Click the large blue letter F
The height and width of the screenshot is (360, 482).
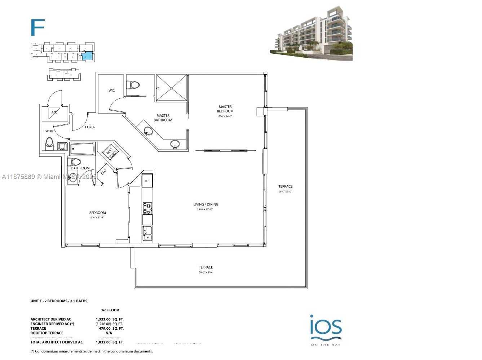click(x=37, y=27)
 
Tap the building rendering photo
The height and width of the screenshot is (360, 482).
click(x=311, y=34)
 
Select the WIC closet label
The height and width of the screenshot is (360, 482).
click(x=112, y=90)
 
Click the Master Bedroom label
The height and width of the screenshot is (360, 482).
click(x=225, y=109)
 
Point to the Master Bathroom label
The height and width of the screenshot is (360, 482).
click(x=163, y=118)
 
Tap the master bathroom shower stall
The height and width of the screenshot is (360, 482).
click(x=172, y=88)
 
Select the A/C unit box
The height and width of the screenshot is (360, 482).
click(x=54, y=113)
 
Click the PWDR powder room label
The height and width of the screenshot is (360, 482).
click(x=48, y=131)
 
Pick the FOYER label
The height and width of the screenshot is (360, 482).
click(x=90, y=127)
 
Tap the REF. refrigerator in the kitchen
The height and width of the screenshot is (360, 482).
click(x=147, y=181)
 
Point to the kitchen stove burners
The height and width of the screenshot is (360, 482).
click(x=147, y=208)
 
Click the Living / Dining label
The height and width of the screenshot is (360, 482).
click(x=206, y=205)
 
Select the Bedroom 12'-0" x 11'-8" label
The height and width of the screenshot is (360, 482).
click(x=97, y=215)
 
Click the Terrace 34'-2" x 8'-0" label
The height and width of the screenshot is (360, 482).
click(x=205, y=269)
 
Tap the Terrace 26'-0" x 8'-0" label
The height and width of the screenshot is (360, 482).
click(x=285, y=188)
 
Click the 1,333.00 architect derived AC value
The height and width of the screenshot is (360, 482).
click(x=103, y=319)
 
